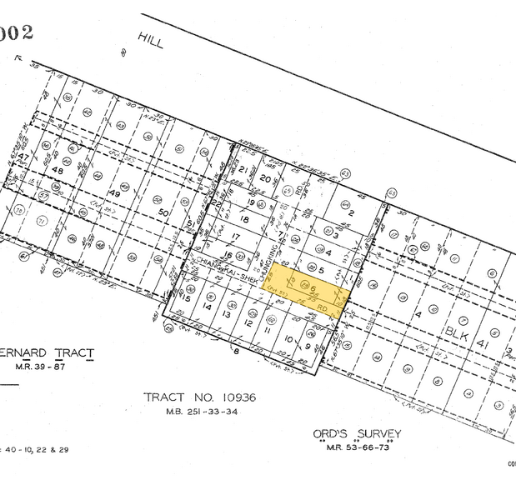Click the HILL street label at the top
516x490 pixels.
point(151,39)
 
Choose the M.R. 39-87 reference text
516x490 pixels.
point(48,367)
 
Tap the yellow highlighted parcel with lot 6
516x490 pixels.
point(305,292)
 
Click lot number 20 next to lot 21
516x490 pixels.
point(264,178)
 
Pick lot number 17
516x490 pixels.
point(236,237)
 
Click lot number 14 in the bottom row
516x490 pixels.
point(205,306)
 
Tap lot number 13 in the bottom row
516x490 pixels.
point(226,314)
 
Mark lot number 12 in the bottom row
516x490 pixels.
point(248,322)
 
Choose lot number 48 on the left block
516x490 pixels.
point(58,171)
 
